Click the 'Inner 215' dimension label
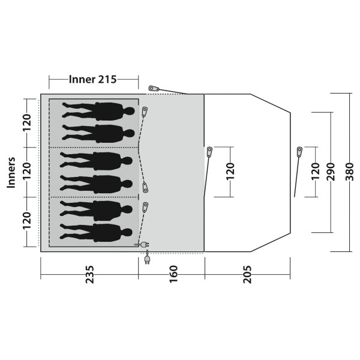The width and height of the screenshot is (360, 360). point(92,79)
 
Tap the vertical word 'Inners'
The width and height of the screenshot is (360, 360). point(11,173)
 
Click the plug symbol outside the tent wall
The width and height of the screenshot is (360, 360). point(147,259)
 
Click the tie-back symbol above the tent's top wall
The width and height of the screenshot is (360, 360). point(153,88)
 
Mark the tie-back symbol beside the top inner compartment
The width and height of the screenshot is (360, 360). point(145,112)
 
